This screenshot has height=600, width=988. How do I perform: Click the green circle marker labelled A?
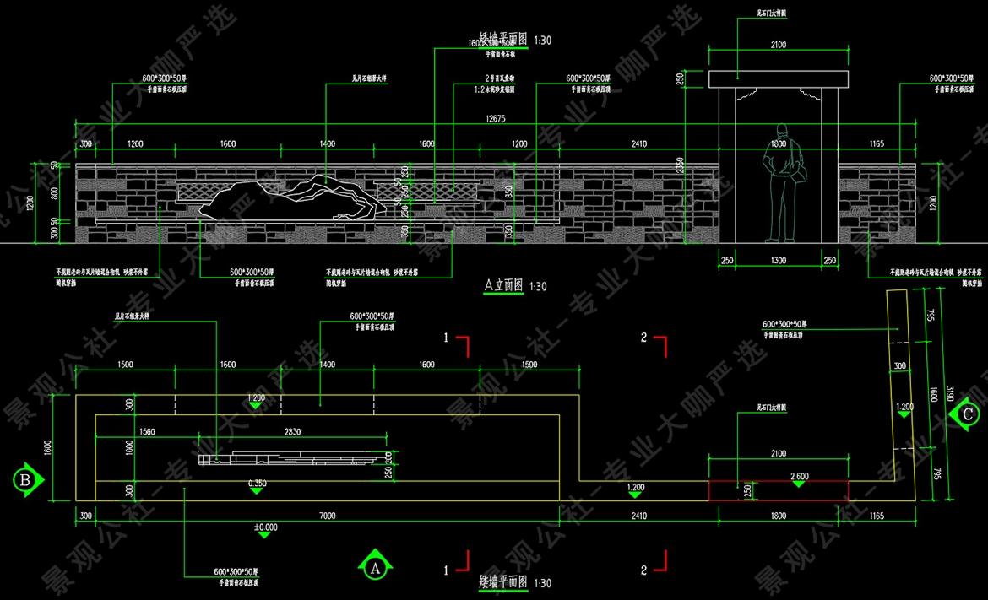click(x=374, y=567)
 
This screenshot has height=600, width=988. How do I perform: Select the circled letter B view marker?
click(x=25, y=479)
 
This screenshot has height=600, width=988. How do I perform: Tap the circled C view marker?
click(x=965, y=414)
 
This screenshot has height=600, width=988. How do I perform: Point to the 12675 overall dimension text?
click(x=496, y=118)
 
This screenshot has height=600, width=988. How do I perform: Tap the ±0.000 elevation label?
click(x=264, y=528)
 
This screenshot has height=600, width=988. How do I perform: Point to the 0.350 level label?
click(x=258, y=483)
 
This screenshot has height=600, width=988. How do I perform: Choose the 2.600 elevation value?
click(x=799, y=476)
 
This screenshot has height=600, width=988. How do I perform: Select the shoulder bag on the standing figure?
click(x=799, y=173)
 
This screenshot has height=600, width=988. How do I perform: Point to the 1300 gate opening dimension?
click(x=778, y=261)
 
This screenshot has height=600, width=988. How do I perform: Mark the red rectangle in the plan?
click(x=777, y=490)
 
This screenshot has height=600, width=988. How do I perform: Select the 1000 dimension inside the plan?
click(x=129, y=447)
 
